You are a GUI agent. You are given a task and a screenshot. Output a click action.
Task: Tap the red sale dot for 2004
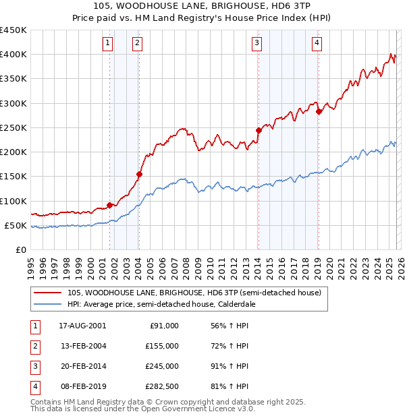pyautogui.click(x=139, y=174)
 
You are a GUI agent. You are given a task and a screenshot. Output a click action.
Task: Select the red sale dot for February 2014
pyautogui.click(x=259, y=130)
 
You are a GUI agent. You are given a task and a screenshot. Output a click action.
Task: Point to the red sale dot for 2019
pyautogui.click(x=318, y=112)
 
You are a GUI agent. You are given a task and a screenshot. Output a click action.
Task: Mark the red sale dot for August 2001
pyautogui.click(x=109, y=205)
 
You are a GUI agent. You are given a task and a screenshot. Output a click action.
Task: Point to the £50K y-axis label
pyautogui.click(x=16, y=225)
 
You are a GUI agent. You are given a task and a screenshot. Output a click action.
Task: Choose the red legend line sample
pyautogui.click(x=48, y=293)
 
